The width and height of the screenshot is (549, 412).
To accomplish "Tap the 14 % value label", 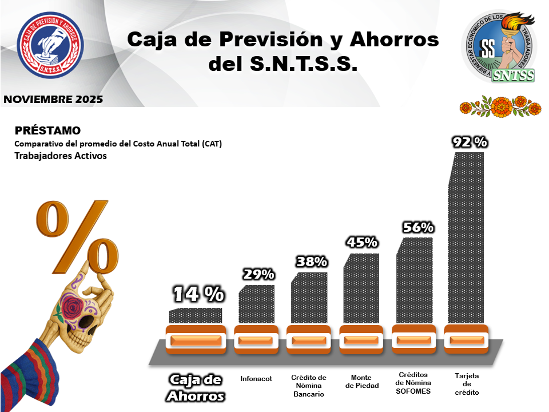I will pyautogui.click(x=198, y=294).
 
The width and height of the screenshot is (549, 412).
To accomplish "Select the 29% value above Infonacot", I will pyautogui.click(x=258, y=275).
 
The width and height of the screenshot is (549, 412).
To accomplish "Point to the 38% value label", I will pyautogui.click(x=312, y=262).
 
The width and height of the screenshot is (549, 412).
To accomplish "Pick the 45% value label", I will pyautogui.click(x=362, y=243).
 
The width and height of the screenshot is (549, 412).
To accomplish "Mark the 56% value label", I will pyautogui.click(x=418, y=227).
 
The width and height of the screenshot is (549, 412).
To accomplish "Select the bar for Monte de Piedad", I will pyautogui.click(x=361, y=289).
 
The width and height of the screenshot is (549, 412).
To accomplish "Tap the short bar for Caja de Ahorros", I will pyautogui.click(x=196, y=316).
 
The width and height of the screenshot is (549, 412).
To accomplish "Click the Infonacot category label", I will pyautogui.click(x=256, y=378).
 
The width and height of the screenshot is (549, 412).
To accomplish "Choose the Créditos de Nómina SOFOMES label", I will pyautogui.click(x=415, y=382).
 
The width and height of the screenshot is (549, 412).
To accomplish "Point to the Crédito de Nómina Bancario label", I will pyautogui.click(x=309, y=386).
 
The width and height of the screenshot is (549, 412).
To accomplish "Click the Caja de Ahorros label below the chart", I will pyautogui.click(x=196, y=387).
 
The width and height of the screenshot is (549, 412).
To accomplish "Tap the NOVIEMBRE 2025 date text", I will pyautogui.click(x=53, y=99).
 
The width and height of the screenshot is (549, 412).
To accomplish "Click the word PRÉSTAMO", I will pyautogui.click(x=47, y=130).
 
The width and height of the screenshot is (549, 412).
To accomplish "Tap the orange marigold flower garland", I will pyautogui.click(x=500, y=105).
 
